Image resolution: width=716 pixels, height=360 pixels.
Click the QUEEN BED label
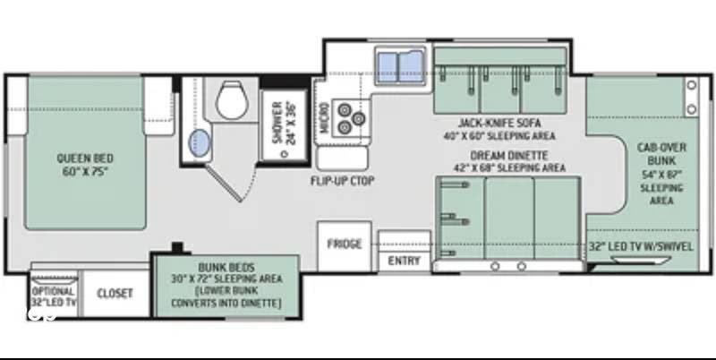coord(85,158)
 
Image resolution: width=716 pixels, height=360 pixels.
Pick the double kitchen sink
coord(399,68)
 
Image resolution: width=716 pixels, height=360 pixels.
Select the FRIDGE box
coord(345,244)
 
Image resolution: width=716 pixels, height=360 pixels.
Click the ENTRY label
coord(403,261)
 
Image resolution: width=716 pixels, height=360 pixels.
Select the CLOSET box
coord(115,293)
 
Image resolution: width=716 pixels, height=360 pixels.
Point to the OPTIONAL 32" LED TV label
coord(53,296)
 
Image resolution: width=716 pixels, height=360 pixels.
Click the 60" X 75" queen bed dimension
coord(85,171)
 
